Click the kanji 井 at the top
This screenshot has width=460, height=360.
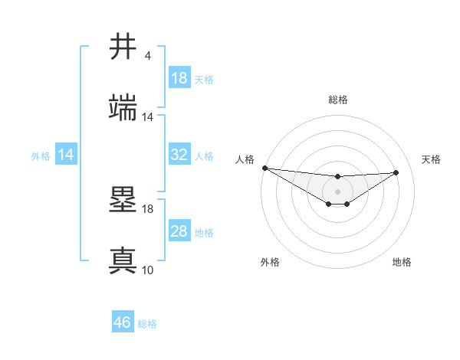point(123,47)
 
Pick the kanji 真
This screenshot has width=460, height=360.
point(123,260)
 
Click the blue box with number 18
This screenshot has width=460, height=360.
point(179,78)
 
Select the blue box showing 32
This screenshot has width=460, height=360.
point(179,155)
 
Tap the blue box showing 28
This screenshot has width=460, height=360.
point(179,231)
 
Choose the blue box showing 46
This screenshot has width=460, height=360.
point(123,322)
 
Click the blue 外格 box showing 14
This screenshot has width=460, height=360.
point(66,155)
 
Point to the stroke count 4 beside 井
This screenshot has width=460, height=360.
point(147,56)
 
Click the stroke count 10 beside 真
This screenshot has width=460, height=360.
point(147,270)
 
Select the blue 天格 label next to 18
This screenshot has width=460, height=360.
point(204,79)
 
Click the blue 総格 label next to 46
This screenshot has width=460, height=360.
point(147,324)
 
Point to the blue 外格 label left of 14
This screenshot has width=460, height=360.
point(41,155)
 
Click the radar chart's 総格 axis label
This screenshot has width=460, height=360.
point(338,100)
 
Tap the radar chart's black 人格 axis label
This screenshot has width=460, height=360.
point(245,159)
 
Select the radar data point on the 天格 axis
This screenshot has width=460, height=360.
point(396,172)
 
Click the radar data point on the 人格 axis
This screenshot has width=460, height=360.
point(264,168)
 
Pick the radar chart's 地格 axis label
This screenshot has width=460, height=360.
point(402,262)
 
